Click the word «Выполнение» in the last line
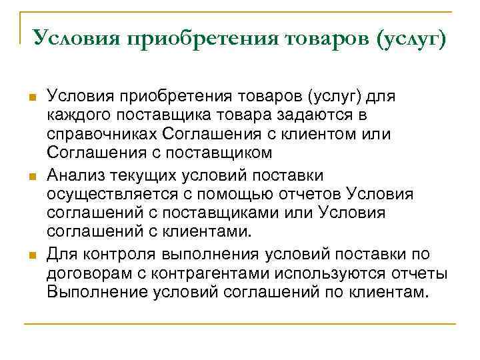tap(93, 293)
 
